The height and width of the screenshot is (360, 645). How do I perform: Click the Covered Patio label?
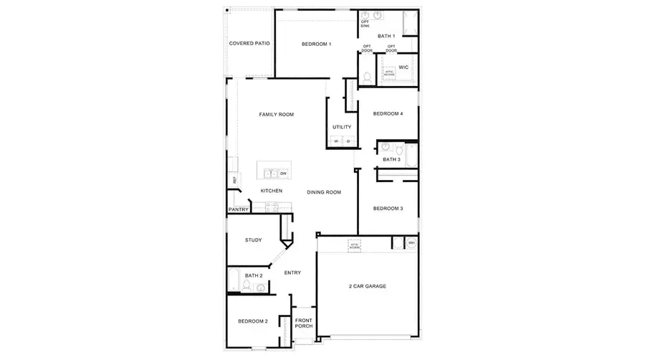(x=249, y=44)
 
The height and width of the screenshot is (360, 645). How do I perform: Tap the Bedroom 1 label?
(x=316, y=44)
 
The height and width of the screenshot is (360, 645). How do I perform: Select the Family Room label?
(x=276, y=115)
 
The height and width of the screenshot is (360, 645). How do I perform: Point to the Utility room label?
(x=342, y=128)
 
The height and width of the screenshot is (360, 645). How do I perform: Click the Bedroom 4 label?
(x=388, y=113)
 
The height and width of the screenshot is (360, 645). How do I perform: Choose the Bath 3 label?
(x=391, y=159)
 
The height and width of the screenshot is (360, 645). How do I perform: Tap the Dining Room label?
(x=323, y=192)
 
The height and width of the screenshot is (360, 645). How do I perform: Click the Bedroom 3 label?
(x=388, y=209)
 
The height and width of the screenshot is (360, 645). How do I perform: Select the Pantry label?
(x=238, y=209)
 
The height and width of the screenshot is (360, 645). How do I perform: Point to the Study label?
(x=252, y=240)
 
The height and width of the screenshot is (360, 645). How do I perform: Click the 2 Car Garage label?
(x=367, y=286)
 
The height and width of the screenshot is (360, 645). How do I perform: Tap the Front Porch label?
(x=303, y=323)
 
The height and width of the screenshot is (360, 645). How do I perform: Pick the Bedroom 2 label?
(x=252, y=321)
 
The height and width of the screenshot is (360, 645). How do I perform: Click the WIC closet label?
(x=403, y=67)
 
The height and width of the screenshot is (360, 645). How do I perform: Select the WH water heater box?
(x=411, y=243)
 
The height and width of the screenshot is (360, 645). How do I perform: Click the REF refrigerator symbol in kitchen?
(x=232, y=179)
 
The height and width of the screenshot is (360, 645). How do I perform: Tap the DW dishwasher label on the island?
(x=283, y=174)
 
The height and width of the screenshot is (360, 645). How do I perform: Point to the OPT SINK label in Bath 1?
(x=365, y=24)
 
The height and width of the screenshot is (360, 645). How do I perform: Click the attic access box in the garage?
(x=354, y=245)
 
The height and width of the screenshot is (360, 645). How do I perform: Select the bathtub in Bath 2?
(x=234, y=279)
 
